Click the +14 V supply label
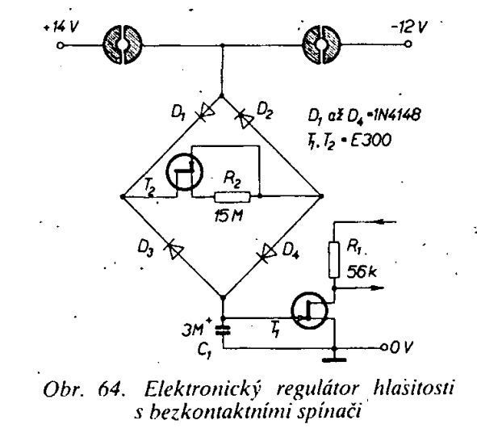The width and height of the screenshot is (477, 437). (x=61, y=27)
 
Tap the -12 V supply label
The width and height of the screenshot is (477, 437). (x=409, y=27)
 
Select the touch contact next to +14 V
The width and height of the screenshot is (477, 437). (x=123, y=44)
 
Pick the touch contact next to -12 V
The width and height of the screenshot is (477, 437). (x=321, y=44)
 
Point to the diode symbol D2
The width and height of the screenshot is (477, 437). (x=244, y=120)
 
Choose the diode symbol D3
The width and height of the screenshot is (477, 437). (x=174, y=249)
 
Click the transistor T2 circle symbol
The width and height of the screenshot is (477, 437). (x=184, y=172)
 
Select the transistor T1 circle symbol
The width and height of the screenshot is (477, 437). (x=309, y=311)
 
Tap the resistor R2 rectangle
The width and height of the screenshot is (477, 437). (x=232, y=197)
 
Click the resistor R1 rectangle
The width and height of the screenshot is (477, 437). (x=334, y=260)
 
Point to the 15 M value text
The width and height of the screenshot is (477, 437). (x=228, y=216)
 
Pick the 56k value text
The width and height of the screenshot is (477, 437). (x=362, y=271)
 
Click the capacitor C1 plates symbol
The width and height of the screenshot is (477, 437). (x=223, y=330)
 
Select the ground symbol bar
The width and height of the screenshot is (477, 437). (x=334, y=360)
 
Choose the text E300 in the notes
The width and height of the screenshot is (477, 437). (x=370, y=141)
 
